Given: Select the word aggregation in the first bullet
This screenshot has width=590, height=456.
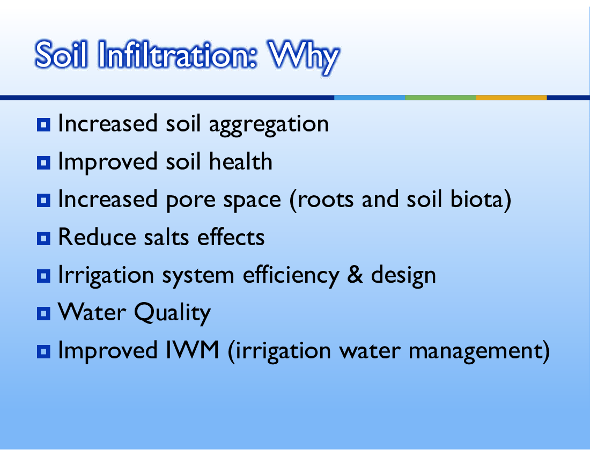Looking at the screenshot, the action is click(x=269, y=125).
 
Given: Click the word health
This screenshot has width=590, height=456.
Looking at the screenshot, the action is click(x=240, y=161).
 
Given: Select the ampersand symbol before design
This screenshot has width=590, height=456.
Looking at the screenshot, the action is click(x=355, y=275).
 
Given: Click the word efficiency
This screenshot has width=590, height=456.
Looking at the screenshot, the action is click(x=291, y=276).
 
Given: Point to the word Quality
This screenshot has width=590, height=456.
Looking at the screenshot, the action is click(x=172, y=313).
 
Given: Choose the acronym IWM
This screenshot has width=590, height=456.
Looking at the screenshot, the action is click(x=192, y=350).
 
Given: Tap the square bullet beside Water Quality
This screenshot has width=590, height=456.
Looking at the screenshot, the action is click(x=43, y=313).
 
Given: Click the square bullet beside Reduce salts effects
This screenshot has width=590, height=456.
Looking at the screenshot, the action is click(x=43, y=238).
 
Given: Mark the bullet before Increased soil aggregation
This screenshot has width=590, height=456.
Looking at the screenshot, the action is click(x=43, y=124).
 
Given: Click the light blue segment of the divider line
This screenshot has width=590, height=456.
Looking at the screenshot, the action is click(x=370, y=98).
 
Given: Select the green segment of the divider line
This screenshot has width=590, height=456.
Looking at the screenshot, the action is click(x=440, y=98).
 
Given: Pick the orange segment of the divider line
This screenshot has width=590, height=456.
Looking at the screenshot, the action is click(x=511, y=98).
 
